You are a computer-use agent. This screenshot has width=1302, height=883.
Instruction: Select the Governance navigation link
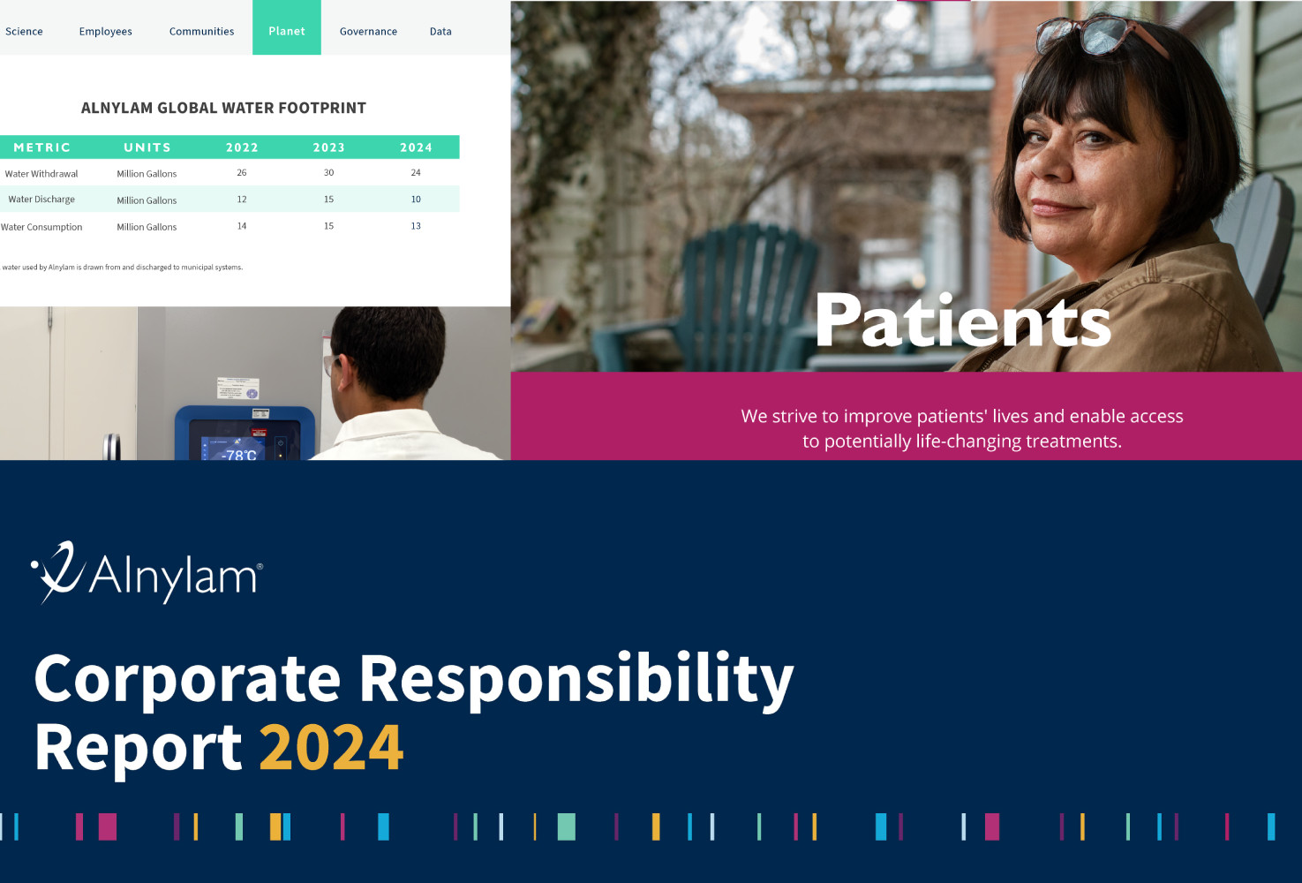[x=368, y=32]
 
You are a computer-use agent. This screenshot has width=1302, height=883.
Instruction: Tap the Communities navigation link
[x=201, y=32]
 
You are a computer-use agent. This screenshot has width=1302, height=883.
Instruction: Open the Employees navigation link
[x=105, y=32]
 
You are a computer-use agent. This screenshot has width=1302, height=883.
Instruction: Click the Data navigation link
[x=440, y=32]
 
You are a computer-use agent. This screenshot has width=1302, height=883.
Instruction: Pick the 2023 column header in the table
[x=329, y=147]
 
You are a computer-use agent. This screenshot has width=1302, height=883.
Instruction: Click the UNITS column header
[x=147, y=147]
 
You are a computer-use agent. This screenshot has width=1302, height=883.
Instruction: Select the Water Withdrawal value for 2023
[x=329, y=173]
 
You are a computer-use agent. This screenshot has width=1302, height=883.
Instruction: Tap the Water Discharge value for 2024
[x=416, y=200]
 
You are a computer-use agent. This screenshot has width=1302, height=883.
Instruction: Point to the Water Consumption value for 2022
[x=242, y=226]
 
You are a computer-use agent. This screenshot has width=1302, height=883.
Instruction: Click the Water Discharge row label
[x=41, y=200]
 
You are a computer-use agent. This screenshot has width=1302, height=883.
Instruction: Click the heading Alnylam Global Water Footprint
[x=224, y=108]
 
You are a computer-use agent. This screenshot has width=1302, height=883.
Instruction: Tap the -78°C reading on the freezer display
[x=239, y=454]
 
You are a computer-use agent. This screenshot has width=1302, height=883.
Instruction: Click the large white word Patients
[x=963, y=321]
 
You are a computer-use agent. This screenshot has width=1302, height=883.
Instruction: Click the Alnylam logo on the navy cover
[x=147, y=573]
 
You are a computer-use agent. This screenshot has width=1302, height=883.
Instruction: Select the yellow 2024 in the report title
[x=331, y=747]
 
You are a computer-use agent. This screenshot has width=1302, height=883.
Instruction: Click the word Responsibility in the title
[x=576, y=680]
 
